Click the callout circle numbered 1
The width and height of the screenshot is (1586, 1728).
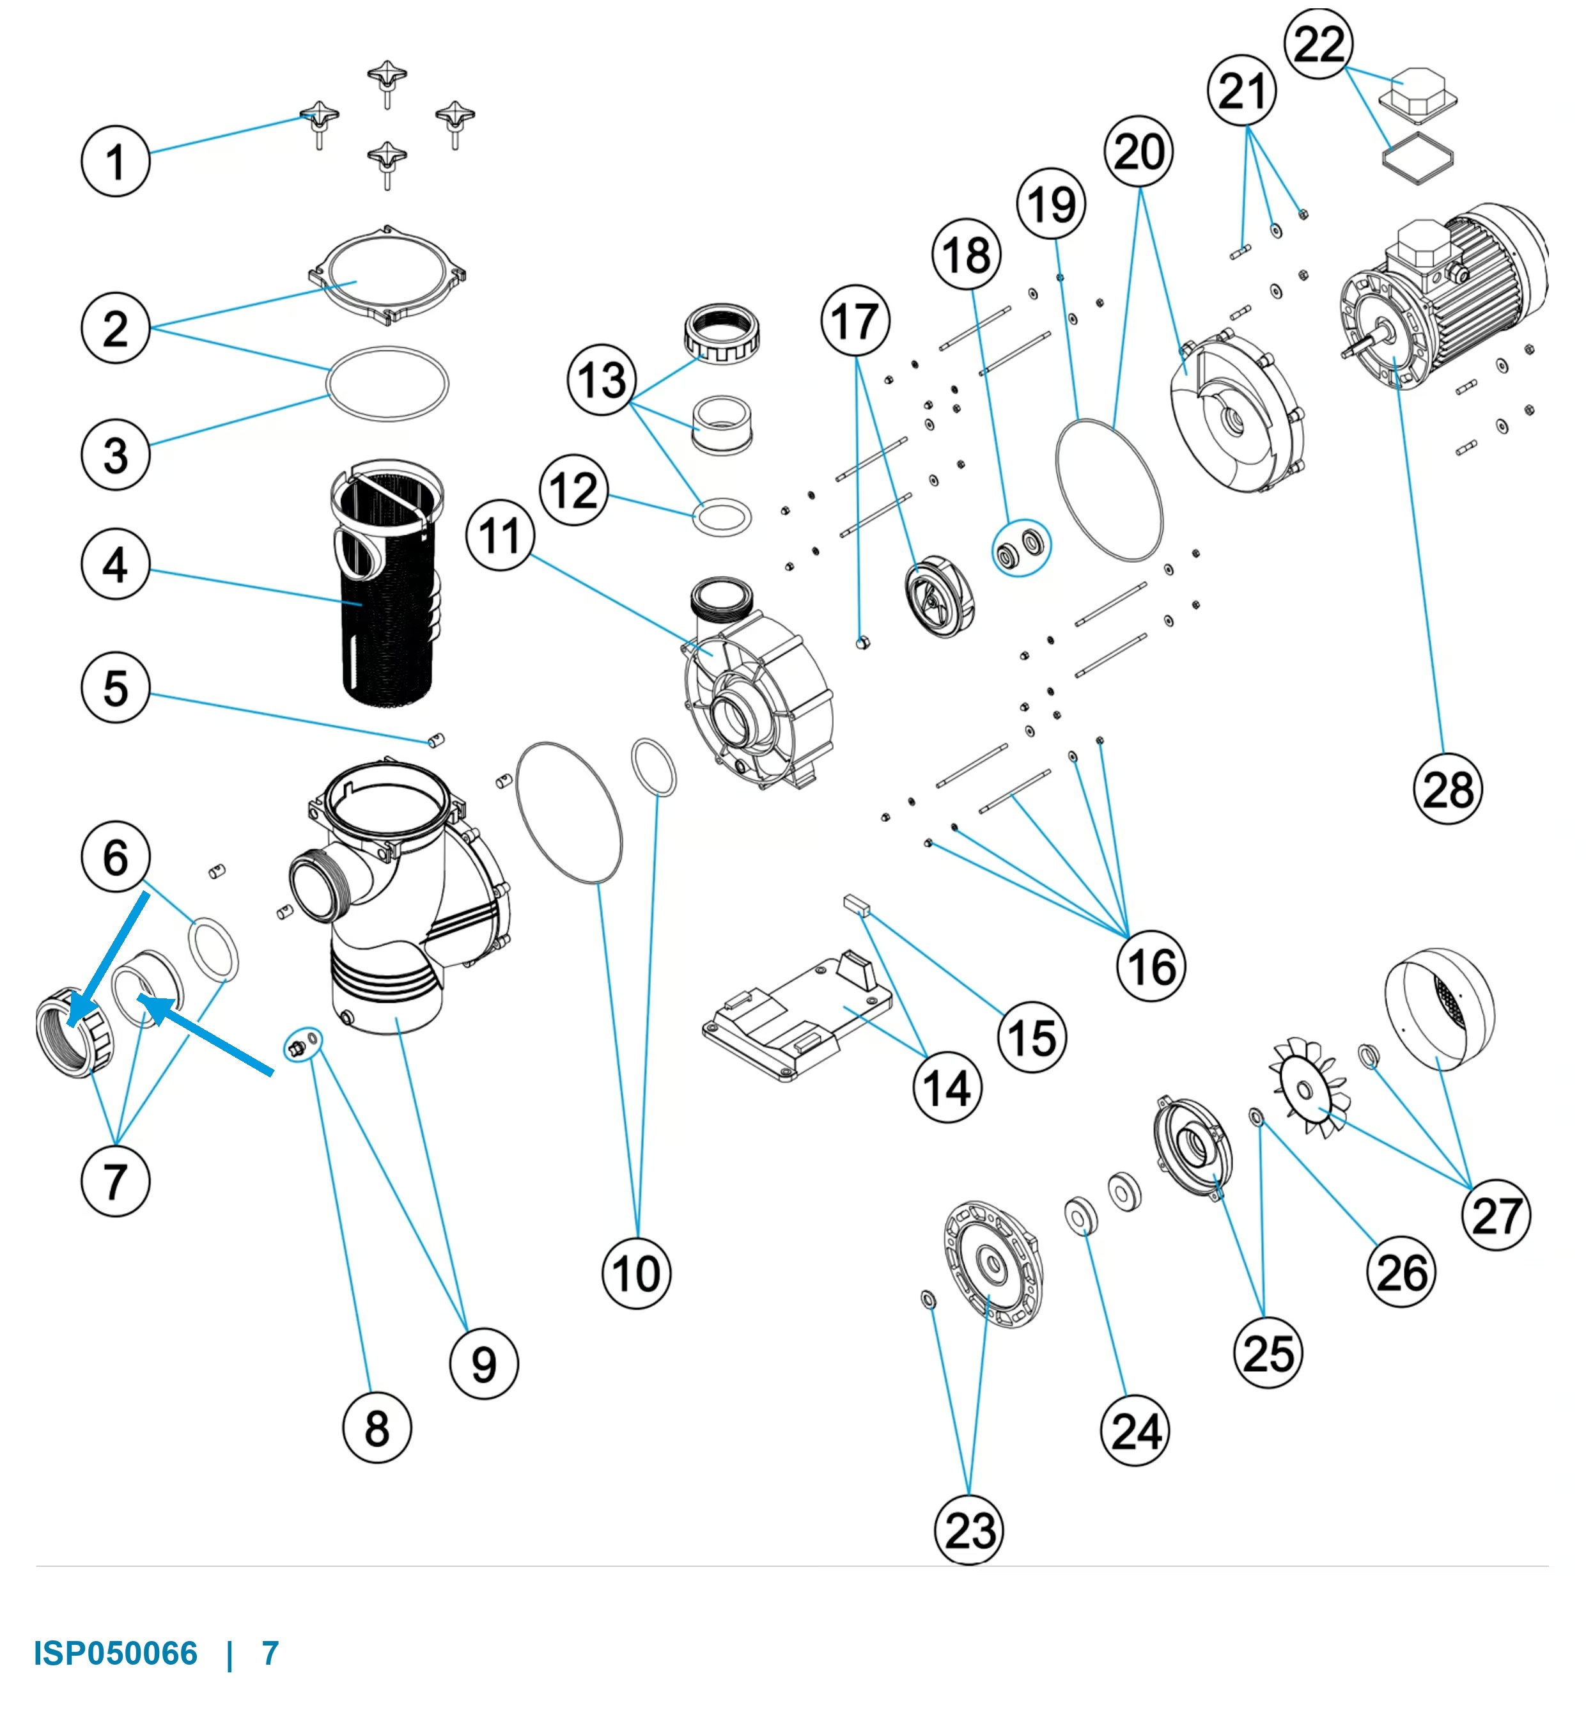tap(115, 161)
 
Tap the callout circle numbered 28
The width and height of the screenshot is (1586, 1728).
tap(1448, 789)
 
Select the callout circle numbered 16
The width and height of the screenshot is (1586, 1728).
tap(1151, 966)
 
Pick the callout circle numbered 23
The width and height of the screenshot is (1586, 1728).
tap(969, 1529)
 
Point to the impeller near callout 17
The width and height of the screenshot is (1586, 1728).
tap(940, 596)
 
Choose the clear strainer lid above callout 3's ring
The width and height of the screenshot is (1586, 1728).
tap(387, 275)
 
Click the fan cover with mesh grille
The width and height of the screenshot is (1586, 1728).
tap(1439, 1010)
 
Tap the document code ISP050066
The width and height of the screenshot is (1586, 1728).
tap(116, 1653)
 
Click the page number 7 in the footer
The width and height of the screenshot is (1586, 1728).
tap(270, 1653)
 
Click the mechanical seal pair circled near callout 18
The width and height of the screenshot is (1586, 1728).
tap(1020, 547)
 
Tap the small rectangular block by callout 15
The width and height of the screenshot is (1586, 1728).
tap(857, 904)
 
